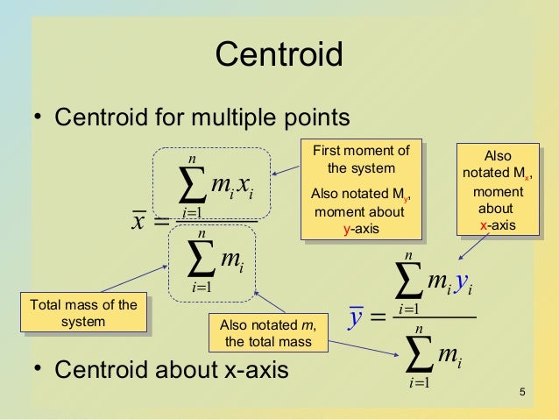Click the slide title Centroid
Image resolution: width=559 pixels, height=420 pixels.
click(x=279, y=56)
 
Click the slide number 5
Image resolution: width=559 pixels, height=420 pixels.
click(x=522, y=391)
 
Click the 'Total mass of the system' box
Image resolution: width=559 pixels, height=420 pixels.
click(x=84, y=313)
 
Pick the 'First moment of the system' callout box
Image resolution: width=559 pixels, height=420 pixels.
click(x=360, y=189)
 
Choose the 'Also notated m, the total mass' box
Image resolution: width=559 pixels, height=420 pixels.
click(x=267, y=332)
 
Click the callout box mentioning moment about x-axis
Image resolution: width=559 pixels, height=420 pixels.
click(x=497, y=190)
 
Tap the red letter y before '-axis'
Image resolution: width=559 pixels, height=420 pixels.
click(x=348, y=229)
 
